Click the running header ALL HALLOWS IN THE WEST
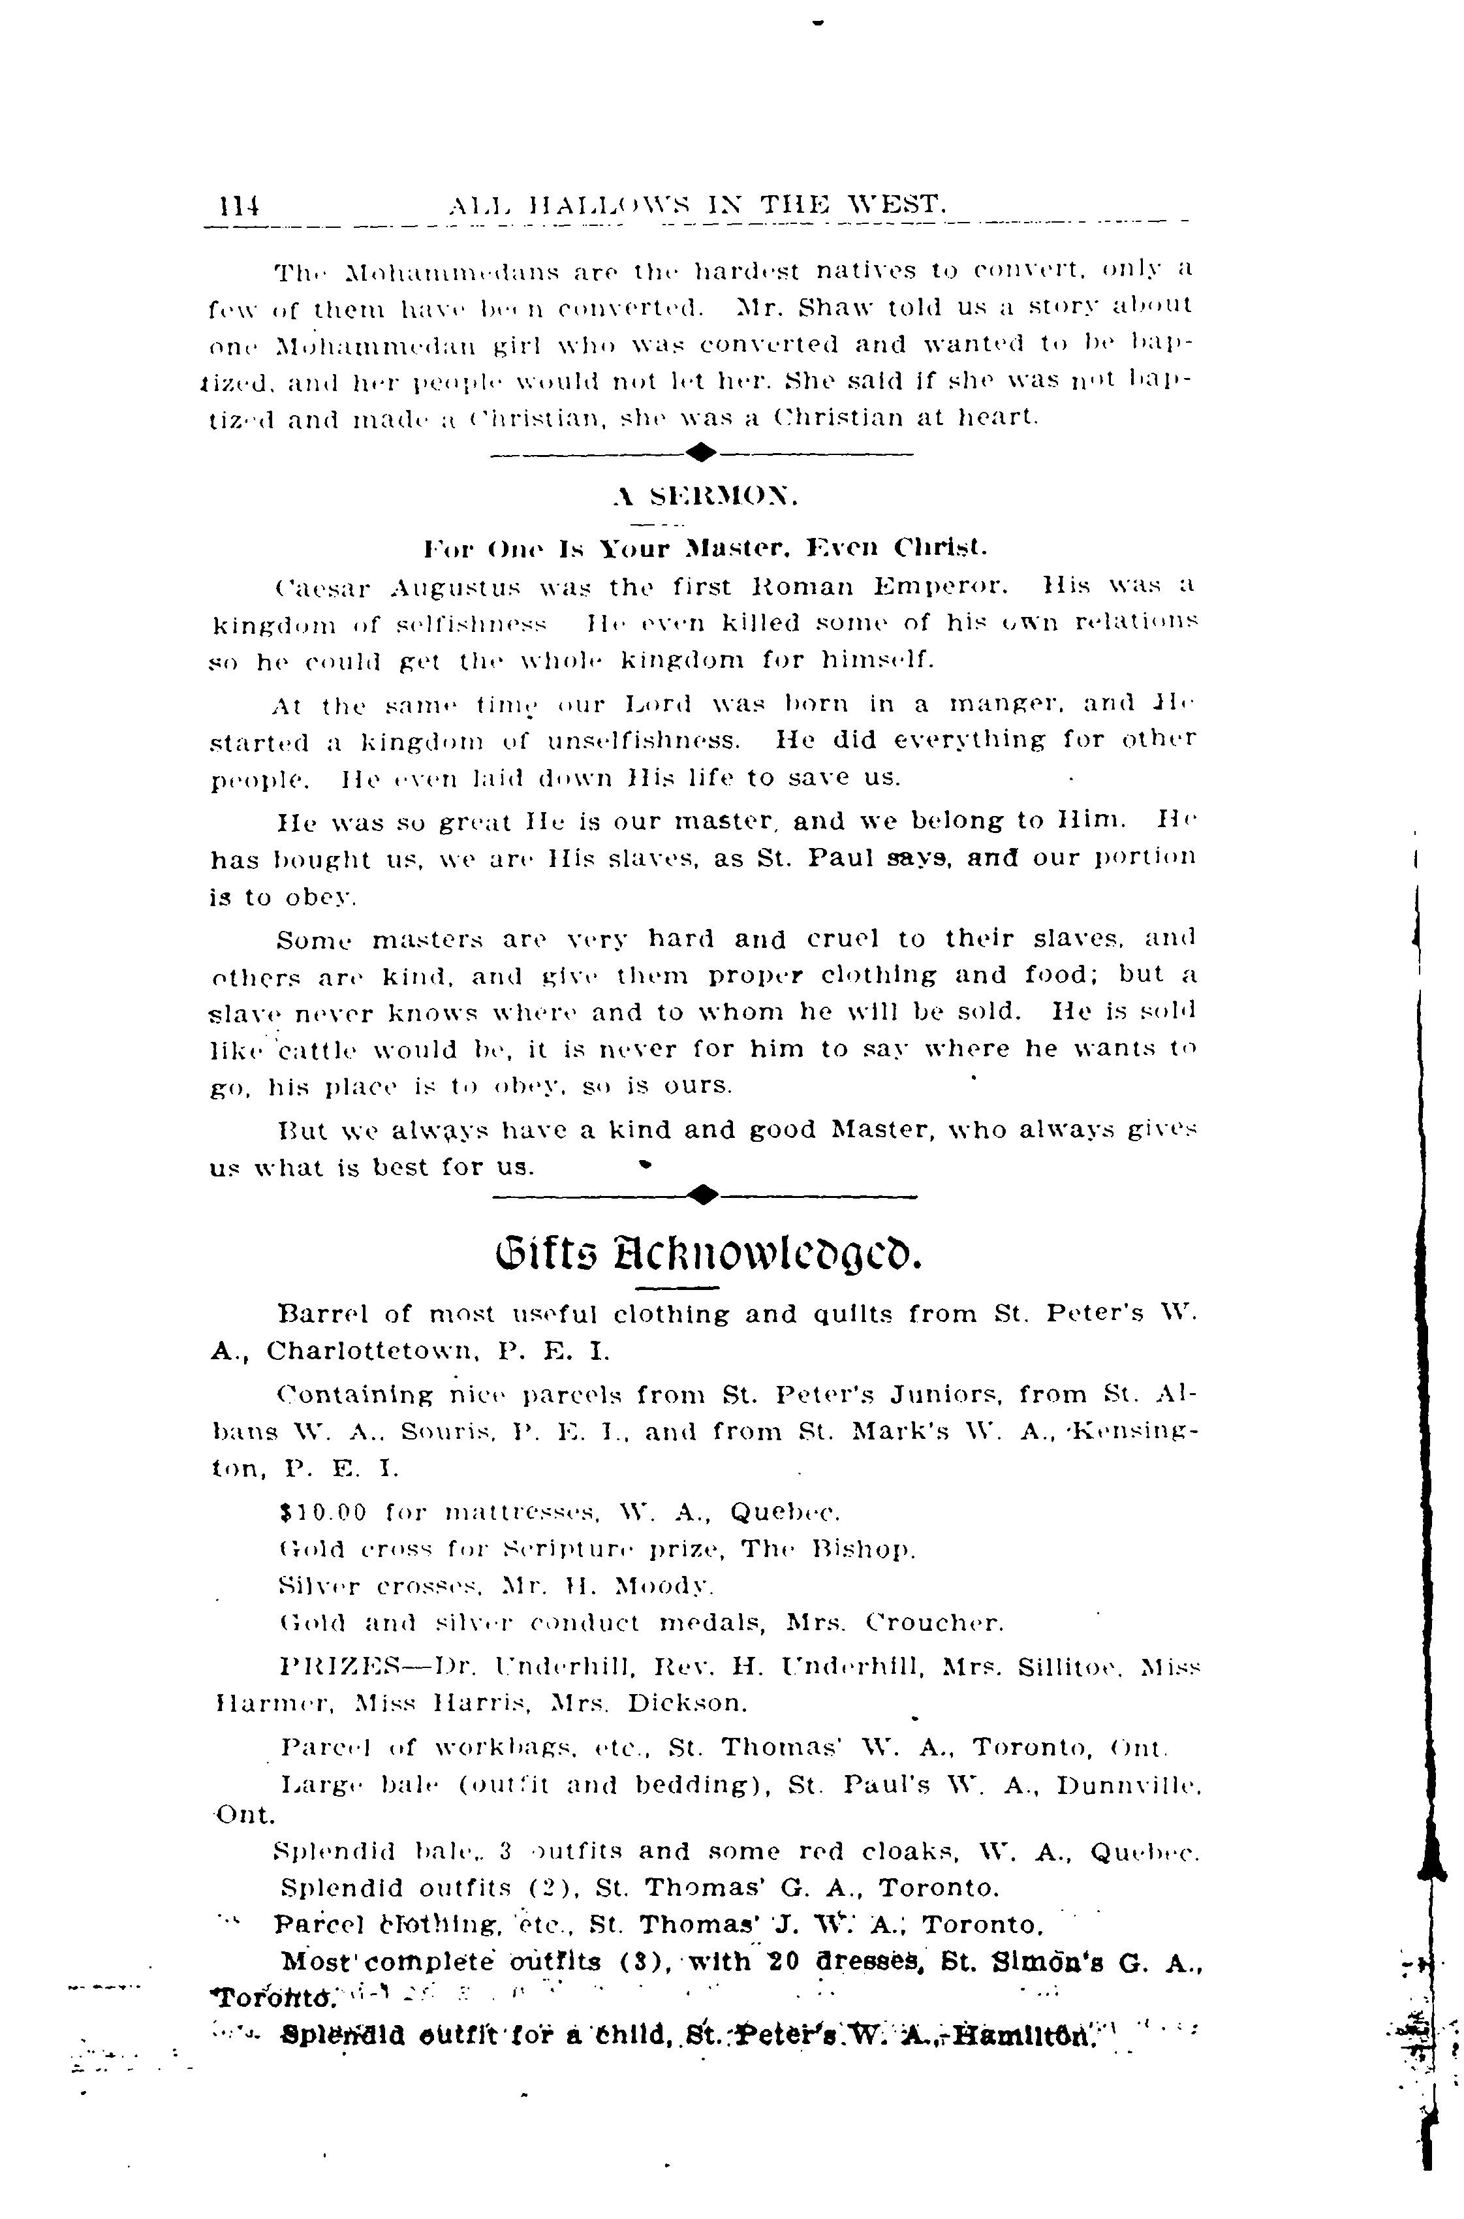(698, 202)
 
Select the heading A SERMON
(705, 497)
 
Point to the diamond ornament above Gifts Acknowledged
(703, 1195)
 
